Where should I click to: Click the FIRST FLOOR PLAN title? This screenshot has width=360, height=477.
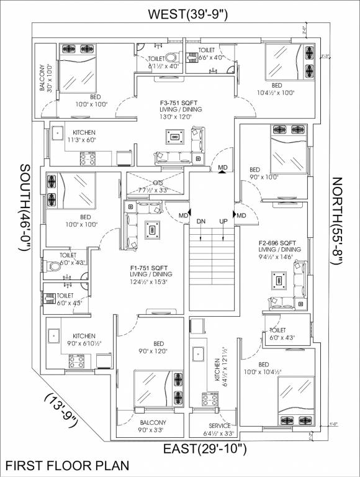click(x=66, y=465)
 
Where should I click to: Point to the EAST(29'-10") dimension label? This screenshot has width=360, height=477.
click(x=205, y=448)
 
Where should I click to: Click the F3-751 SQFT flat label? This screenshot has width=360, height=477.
click(x=181, y=102)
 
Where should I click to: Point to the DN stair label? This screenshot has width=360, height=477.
click(x=201, y=222)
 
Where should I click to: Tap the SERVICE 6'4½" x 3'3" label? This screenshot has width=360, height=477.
click(x=220, y=429)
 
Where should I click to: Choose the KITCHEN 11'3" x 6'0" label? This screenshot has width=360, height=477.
click(x=84, y=136)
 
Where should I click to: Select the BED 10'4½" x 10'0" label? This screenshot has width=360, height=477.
click(x=276, y=89)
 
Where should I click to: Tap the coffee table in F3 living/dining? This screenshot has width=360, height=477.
click(x=175, y=137)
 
